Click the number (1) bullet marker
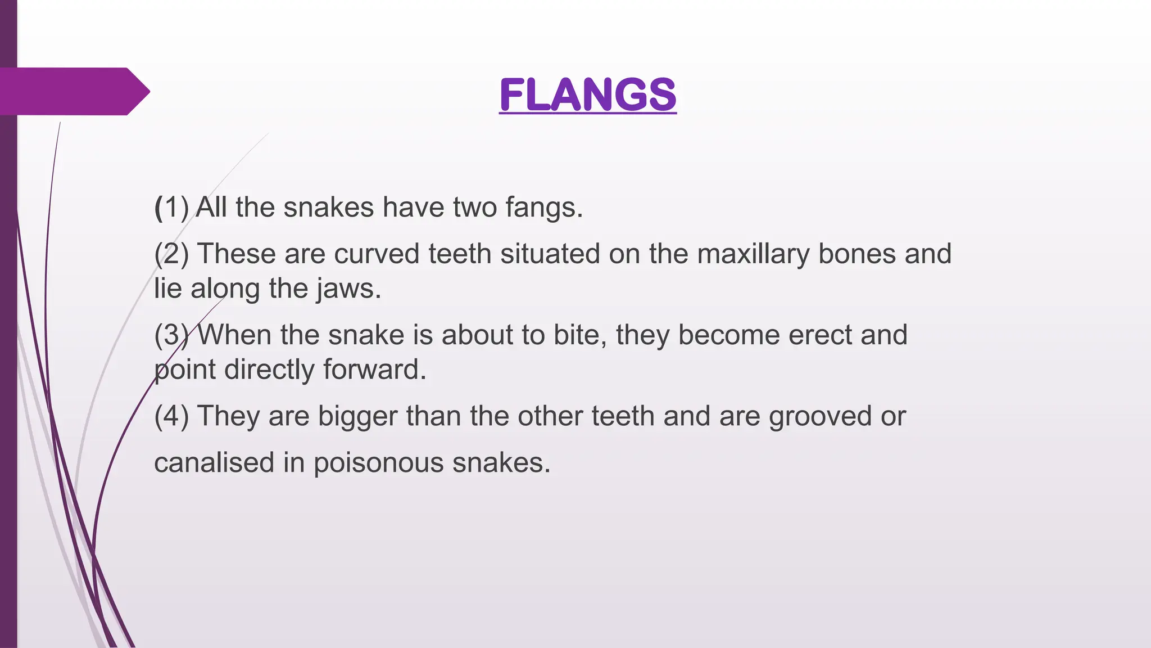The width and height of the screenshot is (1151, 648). coord(171,208)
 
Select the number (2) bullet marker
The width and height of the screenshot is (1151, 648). coord(171,254)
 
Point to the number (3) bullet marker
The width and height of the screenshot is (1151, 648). coord(171,335)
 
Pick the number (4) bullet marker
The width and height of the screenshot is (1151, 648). coord(171,417)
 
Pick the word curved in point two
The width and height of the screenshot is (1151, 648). coord(377,254)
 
